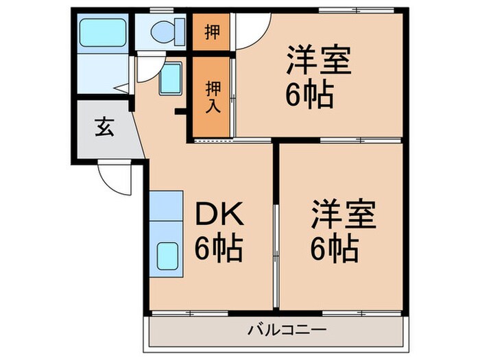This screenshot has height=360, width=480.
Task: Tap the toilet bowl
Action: pos(162,30)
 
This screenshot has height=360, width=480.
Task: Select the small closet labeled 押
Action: pos(211,32)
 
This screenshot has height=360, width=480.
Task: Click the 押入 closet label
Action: pos(211,96)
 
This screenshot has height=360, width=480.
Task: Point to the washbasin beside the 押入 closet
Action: pos(171,80)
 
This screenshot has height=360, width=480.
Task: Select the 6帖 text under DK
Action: pos(218,248)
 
